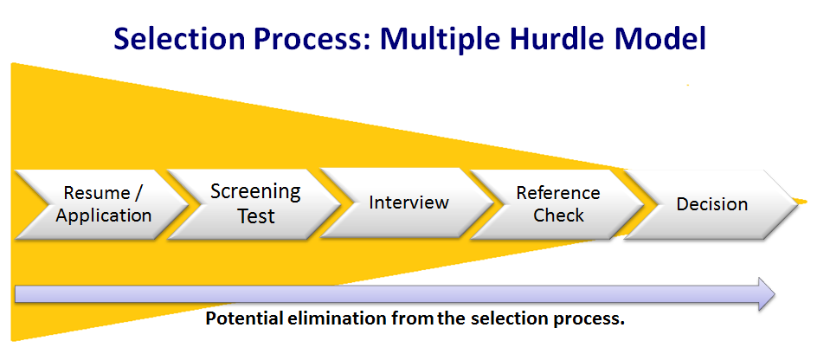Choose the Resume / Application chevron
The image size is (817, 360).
(101, 204)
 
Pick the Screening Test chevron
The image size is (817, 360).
(254, 204)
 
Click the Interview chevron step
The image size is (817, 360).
(407, 203)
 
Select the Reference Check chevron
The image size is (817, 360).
(557, 204)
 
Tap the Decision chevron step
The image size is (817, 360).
(711, 204)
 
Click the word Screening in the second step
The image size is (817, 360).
(255, 192)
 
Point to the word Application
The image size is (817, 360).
(104, 215)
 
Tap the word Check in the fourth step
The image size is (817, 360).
(558, 215)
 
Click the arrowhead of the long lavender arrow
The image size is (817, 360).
(767, 294)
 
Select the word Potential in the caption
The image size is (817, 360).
(244, 318)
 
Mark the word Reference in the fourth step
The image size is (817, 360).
(558, 193)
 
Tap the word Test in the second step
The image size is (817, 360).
(256, 215)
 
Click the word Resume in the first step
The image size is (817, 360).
(96, 193)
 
